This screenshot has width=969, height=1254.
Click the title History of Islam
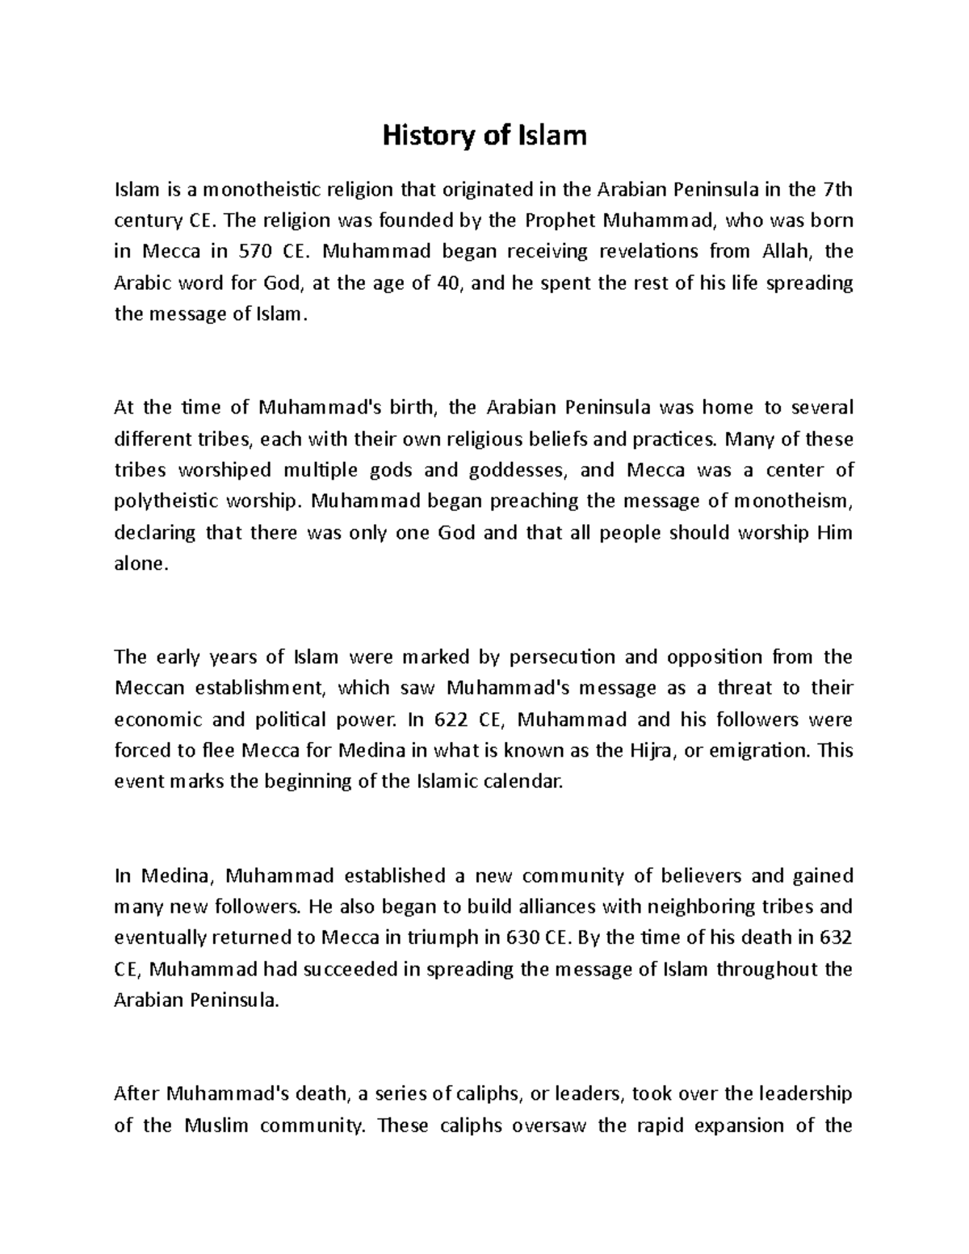pos(484,136)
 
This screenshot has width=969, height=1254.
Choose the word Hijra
pos(648,751)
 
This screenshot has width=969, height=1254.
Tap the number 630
pos(522,938)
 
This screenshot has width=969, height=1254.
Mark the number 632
pos(836,938)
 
